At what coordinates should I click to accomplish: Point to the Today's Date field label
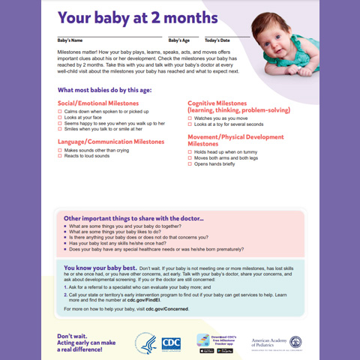(217, 40)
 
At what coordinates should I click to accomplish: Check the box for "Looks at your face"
(60, 118)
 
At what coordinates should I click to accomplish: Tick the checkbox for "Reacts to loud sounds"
(60, 156)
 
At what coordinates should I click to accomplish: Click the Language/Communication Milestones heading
(112, 141)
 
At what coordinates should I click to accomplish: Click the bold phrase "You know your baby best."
(100, 268)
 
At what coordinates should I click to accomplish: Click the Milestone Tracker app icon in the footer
(202, 340)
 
